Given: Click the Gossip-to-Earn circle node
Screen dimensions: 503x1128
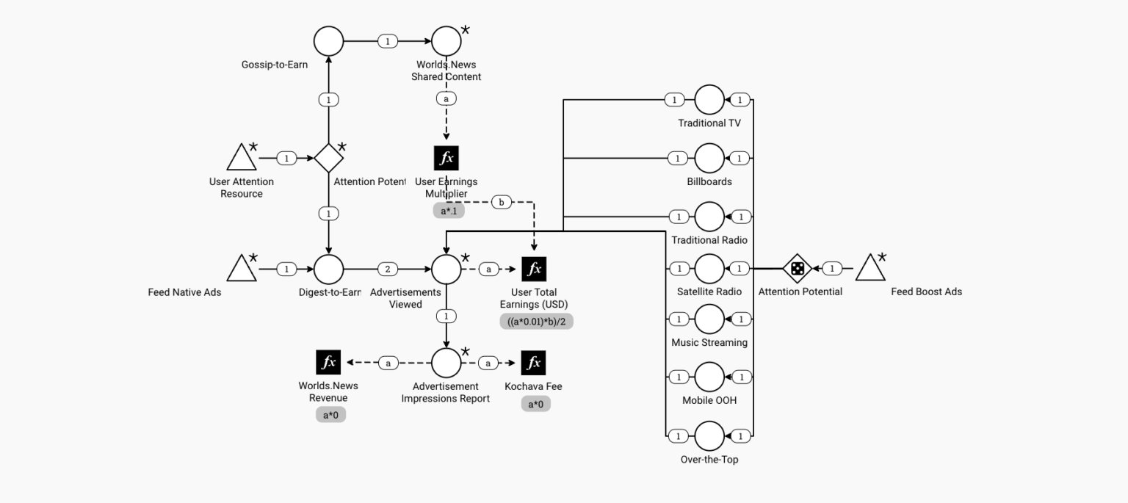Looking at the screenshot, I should coord(328,41).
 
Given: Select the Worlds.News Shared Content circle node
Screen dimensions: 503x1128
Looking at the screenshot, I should coord(446,41).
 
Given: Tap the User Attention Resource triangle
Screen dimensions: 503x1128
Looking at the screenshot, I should coord(241,158).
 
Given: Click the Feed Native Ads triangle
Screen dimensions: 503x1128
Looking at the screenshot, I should coord(241,269).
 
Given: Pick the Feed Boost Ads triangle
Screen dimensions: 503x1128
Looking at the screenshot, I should coord(870,269).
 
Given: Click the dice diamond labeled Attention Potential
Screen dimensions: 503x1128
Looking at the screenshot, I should coord(797,269).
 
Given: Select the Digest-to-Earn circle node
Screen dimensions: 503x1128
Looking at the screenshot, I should coord(328,269).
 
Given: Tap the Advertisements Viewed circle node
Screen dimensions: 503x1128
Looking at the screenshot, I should coord(446,269).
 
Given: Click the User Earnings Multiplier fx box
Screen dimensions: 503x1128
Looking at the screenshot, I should coord(446,158).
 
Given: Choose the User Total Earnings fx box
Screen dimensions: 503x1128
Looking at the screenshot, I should coord(534,269).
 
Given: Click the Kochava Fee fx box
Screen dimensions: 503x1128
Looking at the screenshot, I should coord(534,363).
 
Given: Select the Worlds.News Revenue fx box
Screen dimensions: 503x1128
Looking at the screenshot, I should coord(328,363).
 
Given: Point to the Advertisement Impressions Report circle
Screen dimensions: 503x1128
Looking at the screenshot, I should coord(446,363).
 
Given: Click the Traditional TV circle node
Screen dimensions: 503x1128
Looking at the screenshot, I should coord(709,100).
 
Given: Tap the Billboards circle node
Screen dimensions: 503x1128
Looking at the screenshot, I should coord(709,158).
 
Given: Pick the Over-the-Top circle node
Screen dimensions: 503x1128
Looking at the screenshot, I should coord(709,436).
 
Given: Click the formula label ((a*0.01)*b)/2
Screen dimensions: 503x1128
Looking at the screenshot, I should coord(536,321).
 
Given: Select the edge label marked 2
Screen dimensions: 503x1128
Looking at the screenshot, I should coord(388,269).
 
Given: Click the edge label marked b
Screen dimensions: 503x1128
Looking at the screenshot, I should coord(502,202).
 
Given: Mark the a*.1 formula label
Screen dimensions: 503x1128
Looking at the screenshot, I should coord(449,211).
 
